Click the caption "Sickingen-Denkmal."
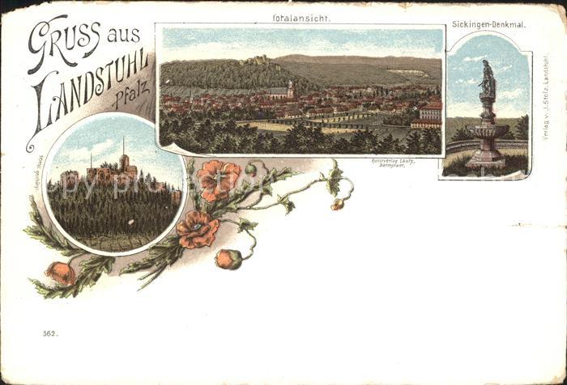[x=488, y=25]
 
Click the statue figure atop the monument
[x=487, y=78]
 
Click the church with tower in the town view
[x=288, y=89]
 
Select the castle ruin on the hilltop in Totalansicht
[x=258, y=59]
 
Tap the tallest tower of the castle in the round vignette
[x=123, y=158]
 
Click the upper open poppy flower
[x=218, y=179]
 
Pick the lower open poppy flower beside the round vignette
[x=197, y=230]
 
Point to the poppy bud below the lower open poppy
[x=228, y=259]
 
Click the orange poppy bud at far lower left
[x=61, y=273]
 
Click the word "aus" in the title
[x=123, y=33]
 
